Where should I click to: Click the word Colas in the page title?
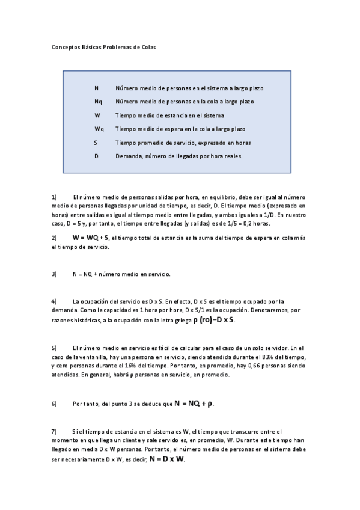[x=148, y=47]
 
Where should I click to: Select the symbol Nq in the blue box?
[x=98, y=102]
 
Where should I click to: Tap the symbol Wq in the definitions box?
[x=99, y=129]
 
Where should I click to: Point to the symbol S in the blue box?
[x=96, y=143]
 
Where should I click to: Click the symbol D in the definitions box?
[x=96, y=156]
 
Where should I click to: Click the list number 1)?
[x=54, y=197]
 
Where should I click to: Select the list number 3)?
[x=54, y=274]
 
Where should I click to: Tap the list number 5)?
[x=54, y=348]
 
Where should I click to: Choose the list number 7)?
[x=54, y=432]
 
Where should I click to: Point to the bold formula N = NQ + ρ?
[x=194, y=404]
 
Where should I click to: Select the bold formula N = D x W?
[x=167, y=459]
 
